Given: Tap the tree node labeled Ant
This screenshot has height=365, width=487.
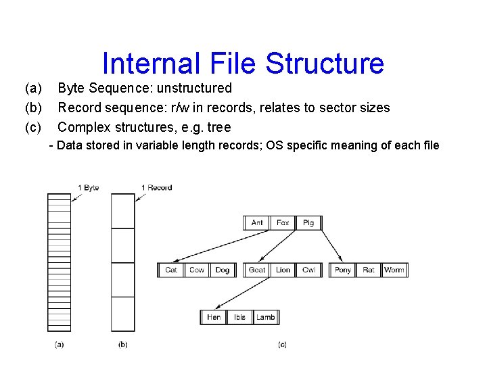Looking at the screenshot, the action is pos(257,222).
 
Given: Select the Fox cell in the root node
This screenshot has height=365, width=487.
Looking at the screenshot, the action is pos(283,222).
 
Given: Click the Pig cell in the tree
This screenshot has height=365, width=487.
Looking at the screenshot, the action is pos(308,222).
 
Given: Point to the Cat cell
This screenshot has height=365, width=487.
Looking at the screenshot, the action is pos(171,270).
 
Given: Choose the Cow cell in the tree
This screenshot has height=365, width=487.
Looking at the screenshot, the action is pos(197,270).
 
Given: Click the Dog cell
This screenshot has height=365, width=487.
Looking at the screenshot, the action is pos(223,270).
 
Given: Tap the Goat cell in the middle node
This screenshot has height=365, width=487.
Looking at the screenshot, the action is pos(257,270).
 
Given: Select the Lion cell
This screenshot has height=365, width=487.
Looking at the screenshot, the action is pos(283,270).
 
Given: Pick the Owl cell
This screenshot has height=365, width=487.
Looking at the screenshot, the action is pos(308,270).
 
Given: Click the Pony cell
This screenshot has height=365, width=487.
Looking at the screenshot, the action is pos(343,270).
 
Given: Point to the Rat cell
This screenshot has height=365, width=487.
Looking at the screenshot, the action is pos(369,270).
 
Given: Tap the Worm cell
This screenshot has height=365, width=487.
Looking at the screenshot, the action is pos(394,270).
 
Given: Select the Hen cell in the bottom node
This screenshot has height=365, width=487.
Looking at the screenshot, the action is pos(214,317).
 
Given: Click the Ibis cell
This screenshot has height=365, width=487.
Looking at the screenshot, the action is pos(239,317).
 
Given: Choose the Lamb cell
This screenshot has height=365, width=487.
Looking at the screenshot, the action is pos(265,317).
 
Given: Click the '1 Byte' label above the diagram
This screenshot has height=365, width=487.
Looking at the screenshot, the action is pos(89,187).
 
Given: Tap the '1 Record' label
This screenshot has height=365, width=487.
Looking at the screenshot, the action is pos(157,187).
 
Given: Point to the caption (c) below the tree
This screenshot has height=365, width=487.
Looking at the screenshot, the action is pos(282,345).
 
